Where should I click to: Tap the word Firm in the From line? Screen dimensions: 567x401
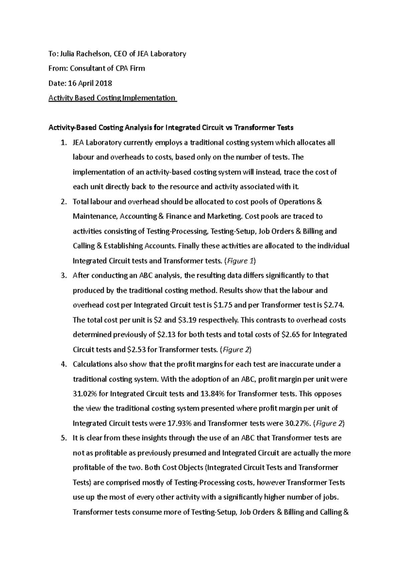pos(137,68)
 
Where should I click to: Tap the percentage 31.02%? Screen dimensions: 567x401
pos(85,394)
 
